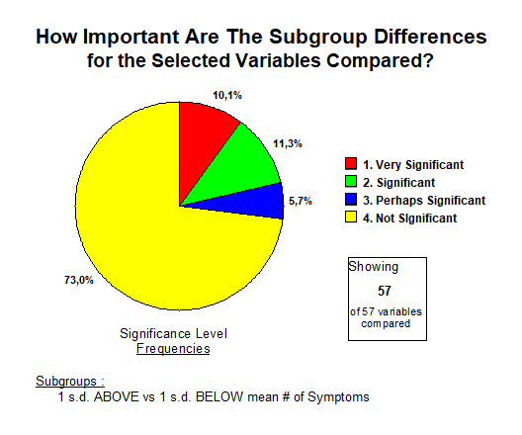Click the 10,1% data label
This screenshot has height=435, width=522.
click(227, 96)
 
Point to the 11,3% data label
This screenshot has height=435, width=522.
click(288, 143)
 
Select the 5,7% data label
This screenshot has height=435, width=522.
click(301, 201)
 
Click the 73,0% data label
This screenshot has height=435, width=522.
click(79, 280)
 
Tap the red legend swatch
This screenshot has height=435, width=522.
click(351, 163)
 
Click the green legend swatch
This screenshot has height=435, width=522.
click(351, 181)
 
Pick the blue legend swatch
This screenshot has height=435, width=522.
click(351, 199)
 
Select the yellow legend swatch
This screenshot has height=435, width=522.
click(351, 217)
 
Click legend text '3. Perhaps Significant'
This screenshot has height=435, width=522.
click(424, 201)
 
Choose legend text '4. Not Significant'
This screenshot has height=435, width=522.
click(410, 218)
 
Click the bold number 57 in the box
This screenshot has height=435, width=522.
click(385, 291)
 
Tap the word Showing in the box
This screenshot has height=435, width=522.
click(373, 267)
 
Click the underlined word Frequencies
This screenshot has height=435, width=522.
click(173, 348)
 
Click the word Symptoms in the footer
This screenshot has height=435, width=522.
click(338, 396)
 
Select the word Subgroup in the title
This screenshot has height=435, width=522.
click(318, 38)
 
